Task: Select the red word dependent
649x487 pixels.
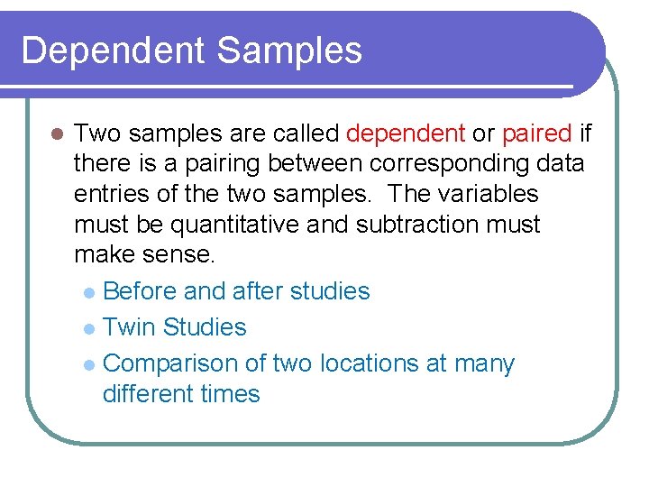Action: pyautogui.click(x=405, y=134)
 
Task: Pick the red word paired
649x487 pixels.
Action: pyautogui.click(x=537, y=134)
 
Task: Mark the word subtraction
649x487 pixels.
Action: pyautogui.click(x=419, y=224)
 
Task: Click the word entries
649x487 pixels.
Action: pyautogui.click(x=109, y=194)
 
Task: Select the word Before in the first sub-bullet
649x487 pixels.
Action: pyautogui.click(x=140, y=291)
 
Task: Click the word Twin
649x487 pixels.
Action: pyautogui.click(x=129, y=327)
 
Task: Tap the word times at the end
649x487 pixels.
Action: pyautogui.click(x=231, y=394)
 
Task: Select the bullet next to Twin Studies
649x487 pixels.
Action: pyautogui.click(x=87, y=328)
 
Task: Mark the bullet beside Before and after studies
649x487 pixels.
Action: pyautogui.click(x=87, y=292)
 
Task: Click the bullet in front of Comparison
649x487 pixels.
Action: pyautogui.click(x=87, y=364)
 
